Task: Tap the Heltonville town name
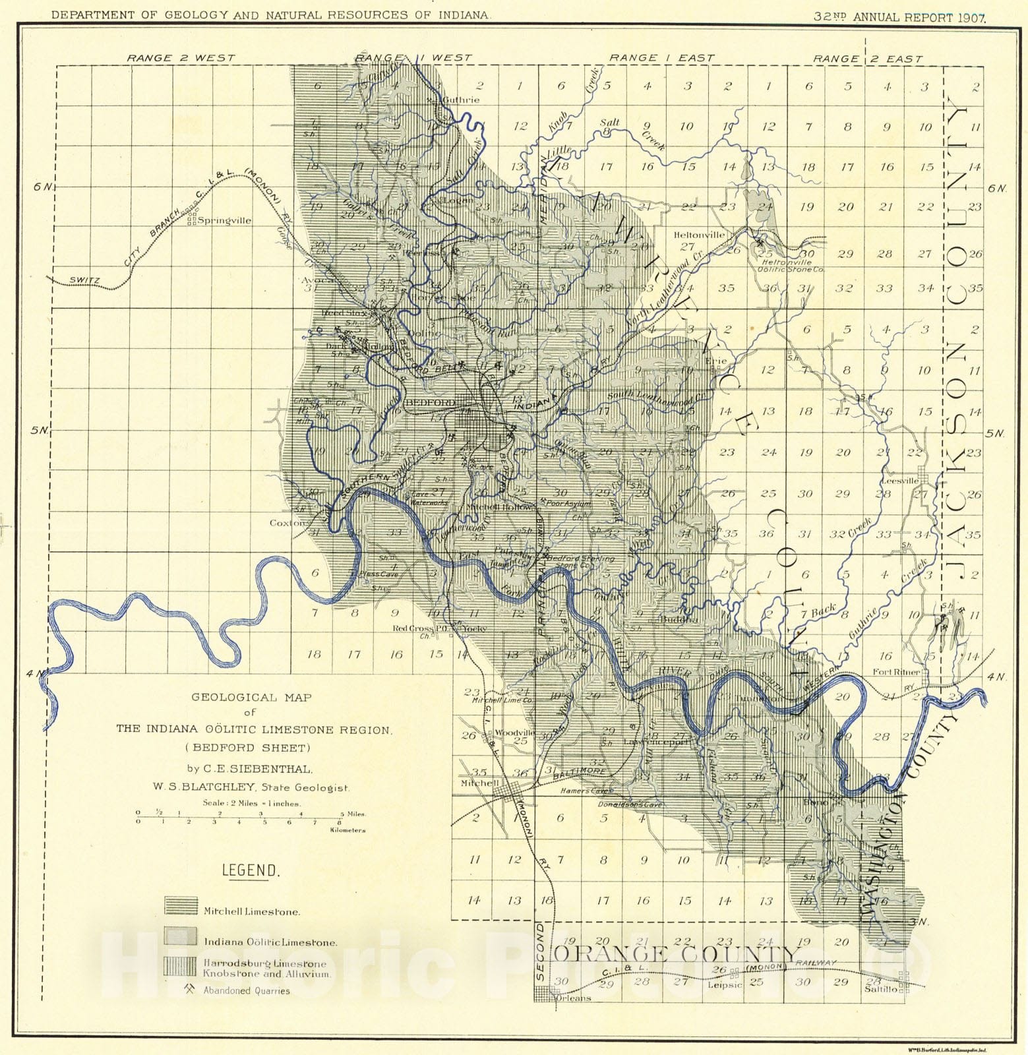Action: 699,235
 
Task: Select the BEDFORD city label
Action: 430,402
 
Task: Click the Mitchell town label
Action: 479,783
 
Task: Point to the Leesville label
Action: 900,481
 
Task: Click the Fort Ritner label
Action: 896,672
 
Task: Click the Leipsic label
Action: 725,985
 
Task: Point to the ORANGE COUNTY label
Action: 675,954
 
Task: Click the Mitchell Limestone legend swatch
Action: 181,906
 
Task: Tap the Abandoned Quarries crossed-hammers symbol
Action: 191,989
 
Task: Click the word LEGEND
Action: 251,870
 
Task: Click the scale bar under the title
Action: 251,818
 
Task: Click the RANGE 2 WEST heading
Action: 181,58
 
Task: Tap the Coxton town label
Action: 286,523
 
